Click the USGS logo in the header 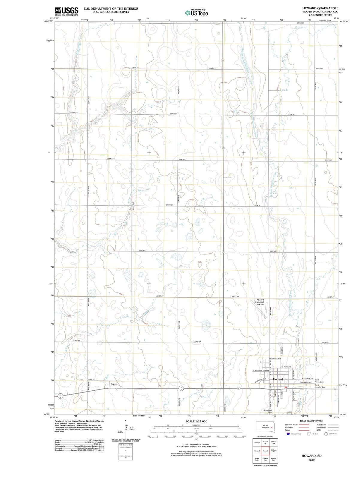[x=66, y=11]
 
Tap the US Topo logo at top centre [x=196, y=13]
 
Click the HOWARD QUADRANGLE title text [x=320, y=8]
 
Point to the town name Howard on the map [x=278, y=379]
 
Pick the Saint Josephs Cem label [x=320, y=386]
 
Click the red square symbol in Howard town [x=286, y=387]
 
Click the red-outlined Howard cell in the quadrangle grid [x=265, y=451]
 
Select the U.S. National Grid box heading [x=125, y=445]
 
